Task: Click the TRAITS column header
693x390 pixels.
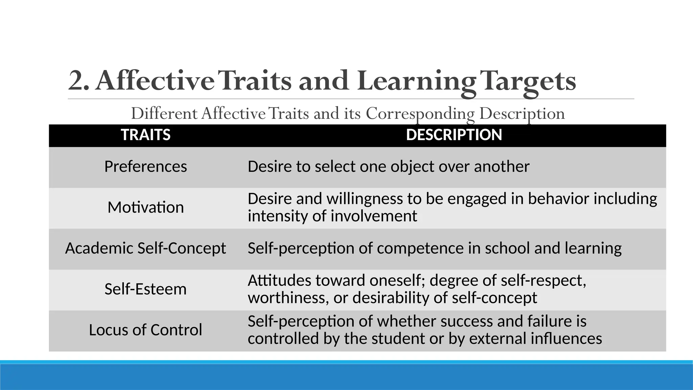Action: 146,135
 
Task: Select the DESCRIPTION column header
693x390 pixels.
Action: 454,135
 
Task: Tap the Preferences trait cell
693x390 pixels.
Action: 146,167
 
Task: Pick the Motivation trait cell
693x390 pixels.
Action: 146,207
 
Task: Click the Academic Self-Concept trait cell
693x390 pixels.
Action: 146,248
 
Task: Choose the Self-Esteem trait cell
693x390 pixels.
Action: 146,289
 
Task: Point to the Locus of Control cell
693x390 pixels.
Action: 146,330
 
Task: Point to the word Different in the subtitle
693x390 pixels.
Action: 164,113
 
